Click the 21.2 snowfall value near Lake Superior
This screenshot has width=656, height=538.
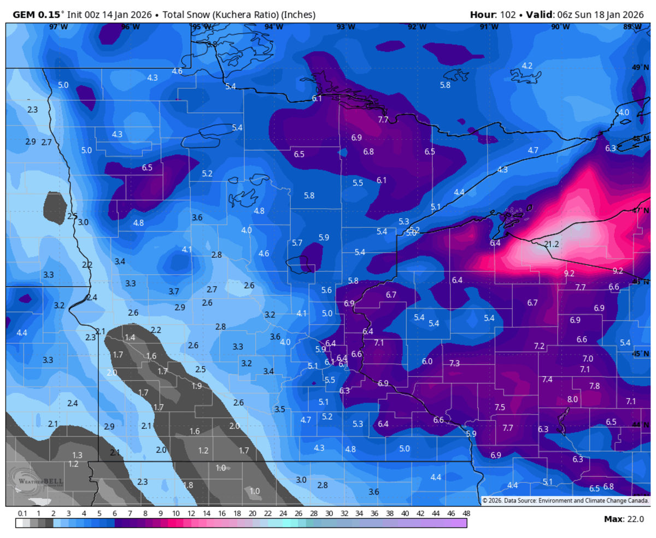click(x=552, y=244)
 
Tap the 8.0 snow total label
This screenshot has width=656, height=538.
click(x=572, y=399)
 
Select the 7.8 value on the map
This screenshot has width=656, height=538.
click(x=594, y=386)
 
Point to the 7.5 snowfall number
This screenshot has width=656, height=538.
click(x=500, y=407)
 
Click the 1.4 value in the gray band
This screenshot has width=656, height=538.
click(x=130, y=338)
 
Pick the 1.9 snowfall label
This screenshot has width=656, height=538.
click(x=197, y=386)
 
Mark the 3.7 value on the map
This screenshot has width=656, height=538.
click(x=174, y=291)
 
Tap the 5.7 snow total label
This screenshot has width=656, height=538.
click(x=297, y=243)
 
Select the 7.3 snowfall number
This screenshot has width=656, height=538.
click(x=454, y=363)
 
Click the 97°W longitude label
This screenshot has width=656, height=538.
click(x=58, y=27)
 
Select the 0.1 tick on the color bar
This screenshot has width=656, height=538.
click(x=22, y=513)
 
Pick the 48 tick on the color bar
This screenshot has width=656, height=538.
click(x=466, y=513)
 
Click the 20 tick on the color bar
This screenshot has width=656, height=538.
click(x=252, y=513)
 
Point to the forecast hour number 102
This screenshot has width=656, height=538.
click(x=508, y=14)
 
